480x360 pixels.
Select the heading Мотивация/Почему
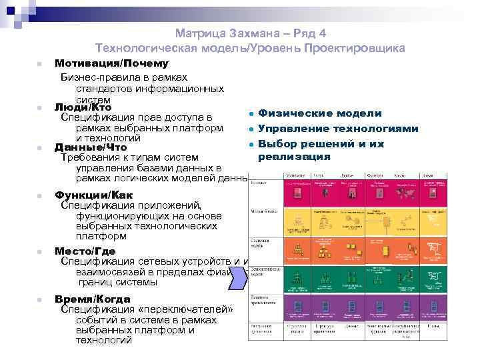click(x=111, y=63)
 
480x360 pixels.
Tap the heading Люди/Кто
click(x=83, y=107)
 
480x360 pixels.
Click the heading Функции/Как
click(x=93, y=195)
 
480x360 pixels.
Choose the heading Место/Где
click(x=85, y=251)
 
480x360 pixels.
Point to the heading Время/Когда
click(x=92, y=299)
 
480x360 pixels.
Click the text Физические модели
click(x=320, y=114)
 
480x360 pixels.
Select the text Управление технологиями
click(x=338, y=129)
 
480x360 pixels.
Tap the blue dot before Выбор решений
click(x=249, y=144)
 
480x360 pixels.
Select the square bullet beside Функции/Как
click(x=40, y=196)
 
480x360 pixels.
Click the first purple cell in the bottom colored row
click(x=298, y=307)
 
